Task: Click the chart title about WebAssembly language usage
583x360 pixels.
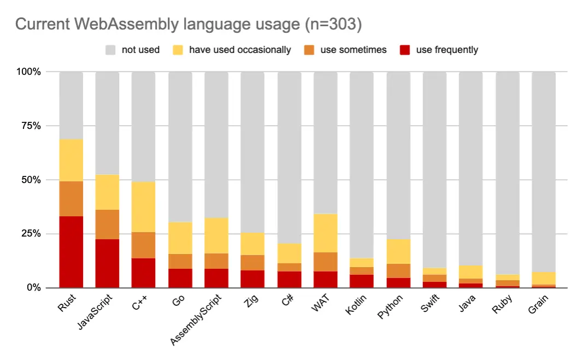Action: tap(189, 24)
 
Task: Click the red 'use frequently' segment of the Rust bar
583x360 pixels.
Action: tap(71, 251)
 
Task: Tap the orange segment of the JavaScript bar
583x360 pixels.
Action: tap(108, 224)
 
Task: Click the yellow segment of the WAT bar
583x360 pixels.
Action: tap(326, 233)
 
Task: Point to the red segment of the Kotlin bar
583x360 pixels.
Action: tap(362, 281)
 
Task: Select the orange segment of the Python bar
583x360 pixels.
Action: tap(398, 271)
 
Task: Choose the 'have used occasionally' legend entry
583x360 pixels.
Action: tap(240, 50)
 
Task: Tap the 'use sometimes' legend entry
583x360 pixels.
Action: tap(353, 50)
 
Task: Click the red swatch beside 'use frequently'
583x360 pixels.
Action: tap(404, 50)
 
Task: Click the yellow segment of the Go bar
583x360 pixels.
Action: tap(180, 238)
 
